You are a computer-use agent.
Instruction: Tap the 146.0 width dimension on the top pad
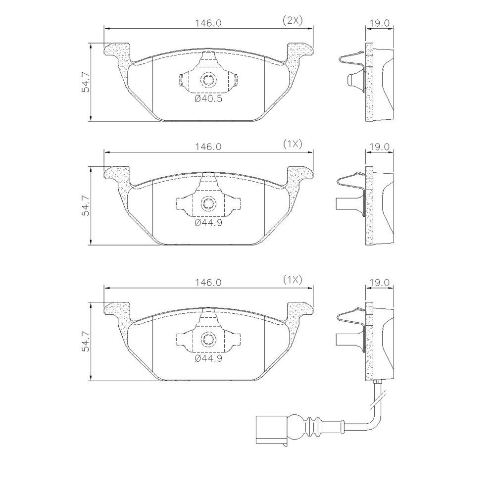coord(208,23)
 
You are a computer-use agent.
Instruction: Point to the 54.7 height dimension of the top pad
coord(85,82)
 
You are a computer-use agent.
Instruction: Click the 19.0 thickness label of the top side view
coord(380,23)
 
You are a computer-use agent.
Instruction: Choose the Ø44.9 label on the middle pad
coord(208,223)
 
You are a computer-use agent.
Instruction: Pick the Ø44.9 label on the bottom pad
coord(208,358)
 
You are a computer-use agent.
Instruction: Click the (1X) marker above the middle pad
coord(293,144)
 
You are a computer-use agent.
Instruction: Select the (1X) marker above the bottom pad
coord(293,280)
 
